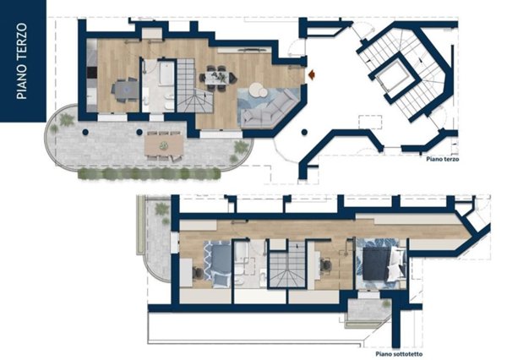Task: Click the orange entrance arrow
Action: click(312, 74)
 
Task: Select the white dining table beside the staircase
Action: click(217, 78)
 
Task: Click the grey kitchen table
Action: click(125, 90)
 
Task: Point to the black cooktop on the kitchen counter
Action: click(92, 72)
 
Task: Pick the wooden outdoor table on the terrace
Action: click(164, 145)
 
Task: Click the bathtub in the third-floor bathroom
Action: click(166, 74)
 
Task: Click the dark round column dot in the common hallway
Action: click(304, 132)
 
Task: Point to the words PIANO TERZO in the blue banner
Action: click(22, 61)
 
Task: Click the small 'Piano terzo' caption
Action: click(442, 159)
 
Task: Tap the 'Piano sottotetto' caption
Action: click(399, 354)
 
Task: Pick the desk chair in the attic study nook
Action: click(326, 265)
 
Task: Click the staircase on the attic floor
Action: click(287, 265)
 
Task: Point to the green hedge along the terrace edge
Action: click(150, 174)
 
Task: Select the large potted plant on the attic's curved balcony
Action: click(161, 209)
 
